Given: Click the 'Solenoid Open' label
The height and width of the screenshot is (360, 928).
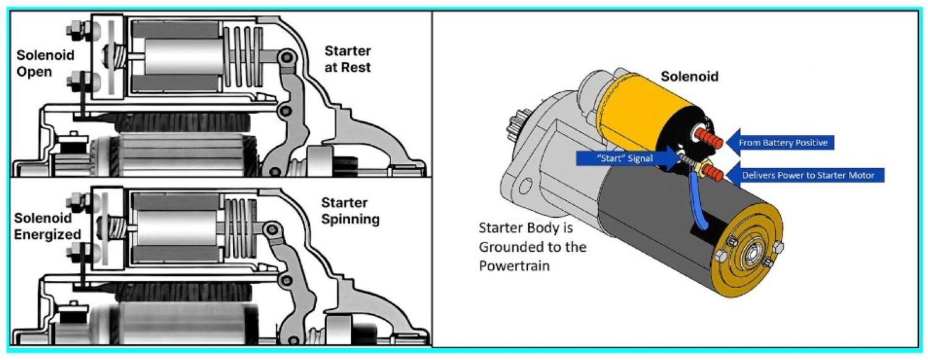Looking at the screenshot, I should [45, 63].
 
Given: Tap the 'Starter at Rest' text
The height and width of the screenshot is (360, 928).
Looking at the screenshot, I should [348, 59].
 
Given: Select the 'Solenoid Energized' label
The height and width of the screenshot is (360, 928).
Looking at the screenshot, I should [48, 226].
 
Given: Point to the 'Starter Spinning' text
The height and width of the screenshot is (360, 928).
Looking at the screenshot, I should [350, 211].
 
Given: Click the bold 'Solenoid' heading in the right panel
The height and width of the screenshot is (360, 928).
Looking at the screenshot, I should [690, 77].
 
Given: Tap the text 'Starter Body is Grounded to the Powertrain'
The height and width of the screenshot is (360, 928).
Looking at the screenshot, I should [532, 246].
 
